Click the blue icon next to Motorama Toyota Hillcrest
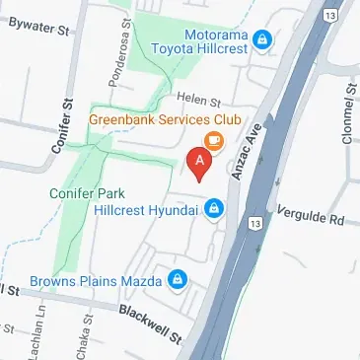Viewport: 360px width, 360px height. [x=262, y=39]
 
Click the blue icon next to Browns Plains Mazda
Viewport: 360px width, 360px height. [x=178, y=281]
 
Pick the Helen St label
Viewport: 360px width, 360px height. [x=196, y=98]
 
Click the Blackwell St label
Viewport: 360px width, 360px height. [x=152, y=324]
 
